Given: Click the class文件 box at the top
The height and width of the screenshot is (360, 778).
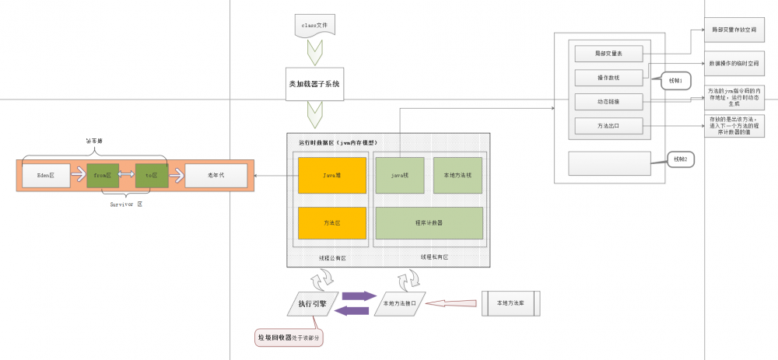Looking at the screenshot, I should pos(314,26).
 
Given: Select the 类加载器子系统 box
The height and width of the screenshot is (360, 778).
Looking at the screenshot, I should pos(314,83).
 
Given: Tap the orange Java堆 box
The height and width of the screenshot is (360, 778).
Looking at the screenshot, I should pos(321,176).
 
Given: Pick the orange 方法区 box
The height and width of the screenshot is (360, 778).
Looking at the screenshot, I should pos(321,222).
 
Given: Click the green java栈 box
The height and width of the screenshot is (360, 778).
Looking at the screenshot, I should pos(399,176).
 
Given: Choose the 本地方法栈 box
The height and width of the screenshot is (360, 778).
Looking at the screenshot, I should pos(457,176).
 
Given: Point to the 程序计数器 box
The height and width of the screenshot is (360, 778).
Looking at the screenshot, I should pos(429,222).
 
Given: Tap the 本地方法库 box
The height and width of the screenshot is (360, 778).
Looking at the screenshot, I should pos(511,304).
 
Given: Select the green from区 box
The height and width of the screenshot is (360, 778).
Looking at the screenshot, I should pos(103,176).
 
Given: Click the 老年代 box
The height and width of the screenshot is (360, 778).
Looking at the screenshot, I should pos(217,176).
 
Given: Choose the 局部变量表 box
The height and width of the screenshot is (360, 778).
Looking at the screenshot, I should pos(608,54).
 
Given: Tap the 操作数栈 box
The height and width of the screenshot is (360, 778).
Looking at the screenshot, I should pos(608,78).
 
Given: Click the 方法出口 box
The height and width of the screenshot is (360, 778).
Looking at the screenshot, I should pos(608,125).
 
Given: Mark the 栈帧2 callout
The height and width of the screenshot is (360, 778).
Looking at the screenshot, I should pos(678,159).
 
